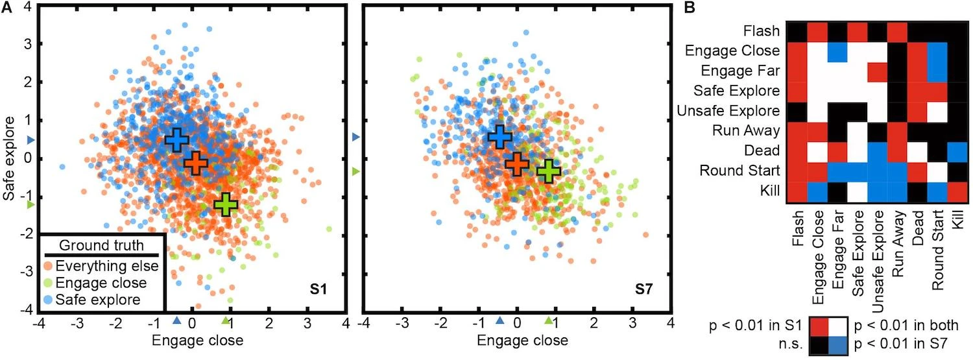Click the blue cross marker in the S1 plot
tap(175, 140)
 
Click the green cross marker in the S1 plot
tap(226, 204)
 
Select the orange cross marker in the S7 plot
tap(517, 164)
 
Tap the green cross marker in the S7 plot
tap(549, 171)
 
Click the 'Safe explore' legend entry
tap(97, 300)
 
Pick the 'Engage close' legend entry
tap(101, 283)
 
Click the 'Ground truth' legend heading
tap(101, 246)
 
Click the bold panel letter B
tap(690, 8)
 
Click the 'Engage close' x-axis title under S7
tap(517, 341)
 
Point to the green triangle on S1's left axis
tap(30, 205)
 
